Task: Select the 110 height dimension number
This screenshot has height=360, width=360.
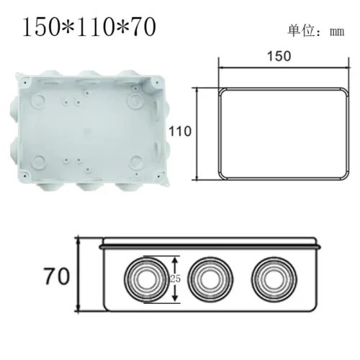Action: click(x=180, y=131)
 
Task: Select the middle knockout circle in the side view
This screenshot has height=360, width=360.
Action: click(x=210, y=277)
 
